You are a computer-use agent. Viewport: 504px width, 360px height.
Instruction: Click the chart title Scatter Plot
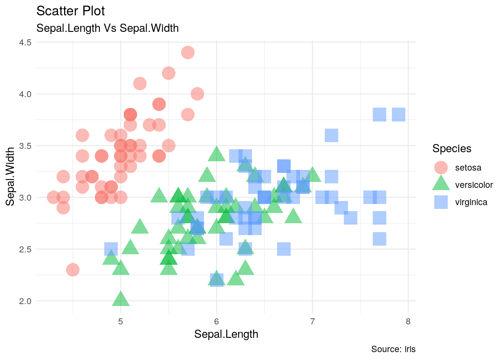(70, 11)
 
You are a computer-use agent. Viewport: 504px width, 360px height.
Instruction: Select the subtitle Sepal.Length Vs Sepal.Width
(107, 28)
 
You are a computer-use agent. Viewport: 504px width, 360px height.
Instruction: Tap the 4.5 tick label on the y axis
(25, 42)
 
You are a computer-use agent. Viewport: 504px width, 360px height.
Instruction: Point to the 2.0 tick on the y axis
(25, 301)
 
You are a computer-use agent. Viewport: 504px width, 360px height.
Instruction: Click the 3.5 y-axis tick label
(25, 145)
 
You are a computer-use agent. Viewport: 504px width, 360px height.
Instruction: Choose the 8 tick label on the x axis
(408, 321)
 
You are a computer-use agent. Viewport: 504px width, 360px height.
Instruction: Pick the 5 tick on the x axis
(121, 321)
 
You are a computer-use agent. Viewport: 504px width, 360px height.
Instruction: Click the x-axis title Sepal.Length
(226, 334)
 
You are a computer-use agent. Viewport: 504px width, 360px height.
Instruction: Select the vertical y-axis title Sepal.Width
(10, 176)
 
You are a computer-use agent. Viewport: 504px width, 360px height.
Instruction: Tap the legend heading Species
(451, 148)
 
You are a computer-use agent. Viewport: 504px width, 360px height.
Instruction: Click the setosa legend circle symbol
(441, 168)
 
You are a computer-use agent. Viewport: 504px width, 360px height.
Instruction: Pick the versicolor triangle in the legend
(441, 184)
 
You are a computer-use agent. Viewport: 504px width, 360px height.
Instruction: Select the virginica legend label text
(471, 202)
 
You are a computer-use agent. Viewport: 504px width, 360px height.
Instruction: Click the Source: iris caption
(393, 349)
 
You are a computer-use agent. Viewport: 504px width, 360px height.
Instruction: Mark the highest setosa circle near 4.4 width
(188, 52)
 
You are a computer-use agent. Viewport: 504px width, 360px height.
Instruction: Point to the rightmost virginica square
(399, 114)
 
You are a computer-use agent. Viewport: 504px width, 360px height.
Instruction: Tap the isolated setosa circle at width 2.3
(73, 270)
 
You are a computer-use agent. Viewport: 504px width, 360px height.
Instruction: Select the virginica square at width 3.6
(331, 135)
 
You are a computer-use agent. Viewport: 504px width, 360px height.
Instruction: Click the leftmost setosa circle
(54, 197)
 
